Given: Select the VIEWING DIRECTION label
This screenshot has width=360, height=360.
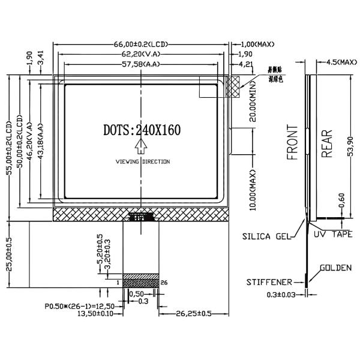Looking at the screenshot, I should pyautogui.click(x=143, y=162).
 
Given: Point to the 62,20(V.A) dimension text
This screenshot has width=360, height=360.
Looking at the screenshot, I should pyautogui.click(x=142, y=54).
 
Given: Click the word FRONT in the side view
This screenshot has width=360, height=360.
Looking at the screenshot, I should pyautogui.click(x=292, y=143).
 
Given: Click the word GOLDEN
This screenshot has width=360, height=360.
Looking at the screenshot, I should pyautogui.click(x=335, y=268).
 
